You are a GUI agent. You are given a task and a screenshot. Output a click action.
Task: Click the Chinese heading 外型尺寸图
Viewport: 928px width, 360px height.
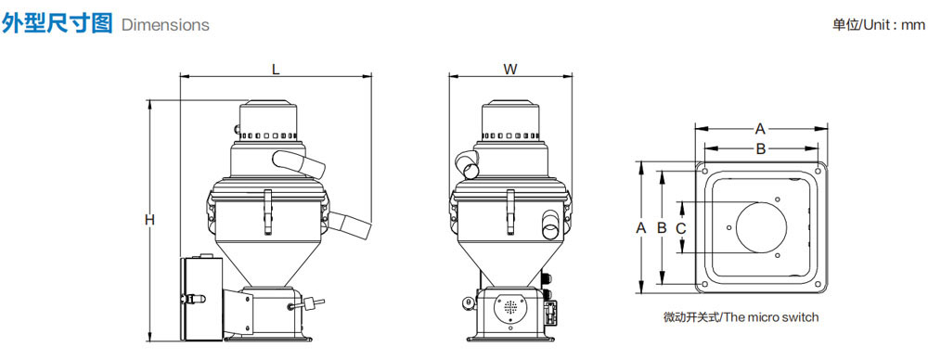(x=58, y=23)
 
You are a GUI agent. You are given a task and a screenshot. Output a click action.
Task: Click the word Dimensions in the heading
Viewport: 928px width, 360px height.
(x=165, y=25)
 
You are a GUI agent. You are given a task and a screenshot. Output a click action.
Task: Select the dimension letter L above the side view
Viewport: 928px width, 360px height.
(x=276, y=69)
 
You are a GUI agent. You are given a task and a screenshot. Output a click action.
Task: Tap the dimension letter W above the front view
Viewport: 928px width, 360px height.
(x=510, y=69)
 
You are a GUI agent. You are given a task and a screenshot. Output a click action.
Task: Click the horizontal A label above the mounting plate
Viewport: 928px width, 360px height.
(x=761, y=128)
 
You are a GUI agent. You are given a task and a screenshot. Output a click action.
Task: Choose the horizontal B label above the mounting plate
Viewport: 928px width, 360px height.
(x=761, y=148)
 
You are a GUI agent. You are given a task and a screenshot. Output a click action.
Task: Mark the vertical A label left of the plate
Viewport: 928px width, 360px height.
(x=640, y=227)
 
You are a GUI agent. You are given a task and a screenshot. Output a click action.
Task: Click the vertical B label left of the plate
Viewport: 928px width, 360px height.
(x=662, y=227)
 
